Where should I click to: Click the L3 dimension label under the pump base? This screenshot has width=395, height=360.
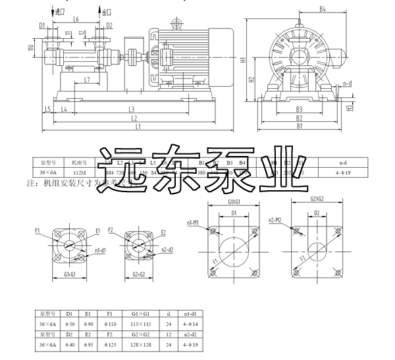(132, 109)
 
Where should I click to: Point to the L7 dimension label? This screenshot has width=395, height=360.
(87, 80)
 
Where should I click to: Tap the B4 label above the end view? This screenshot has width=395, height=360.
(323, 9)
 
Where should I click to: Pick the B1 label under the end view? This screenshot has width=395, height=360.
(299, 125)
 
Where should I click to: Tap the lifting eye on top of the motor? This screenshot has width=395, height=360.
(176, 24)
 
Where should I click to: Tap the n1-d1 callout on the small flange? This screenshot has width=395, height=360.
(100, 251)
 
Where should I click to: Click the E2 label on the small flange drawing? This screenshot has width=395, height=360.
(163, 232)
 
